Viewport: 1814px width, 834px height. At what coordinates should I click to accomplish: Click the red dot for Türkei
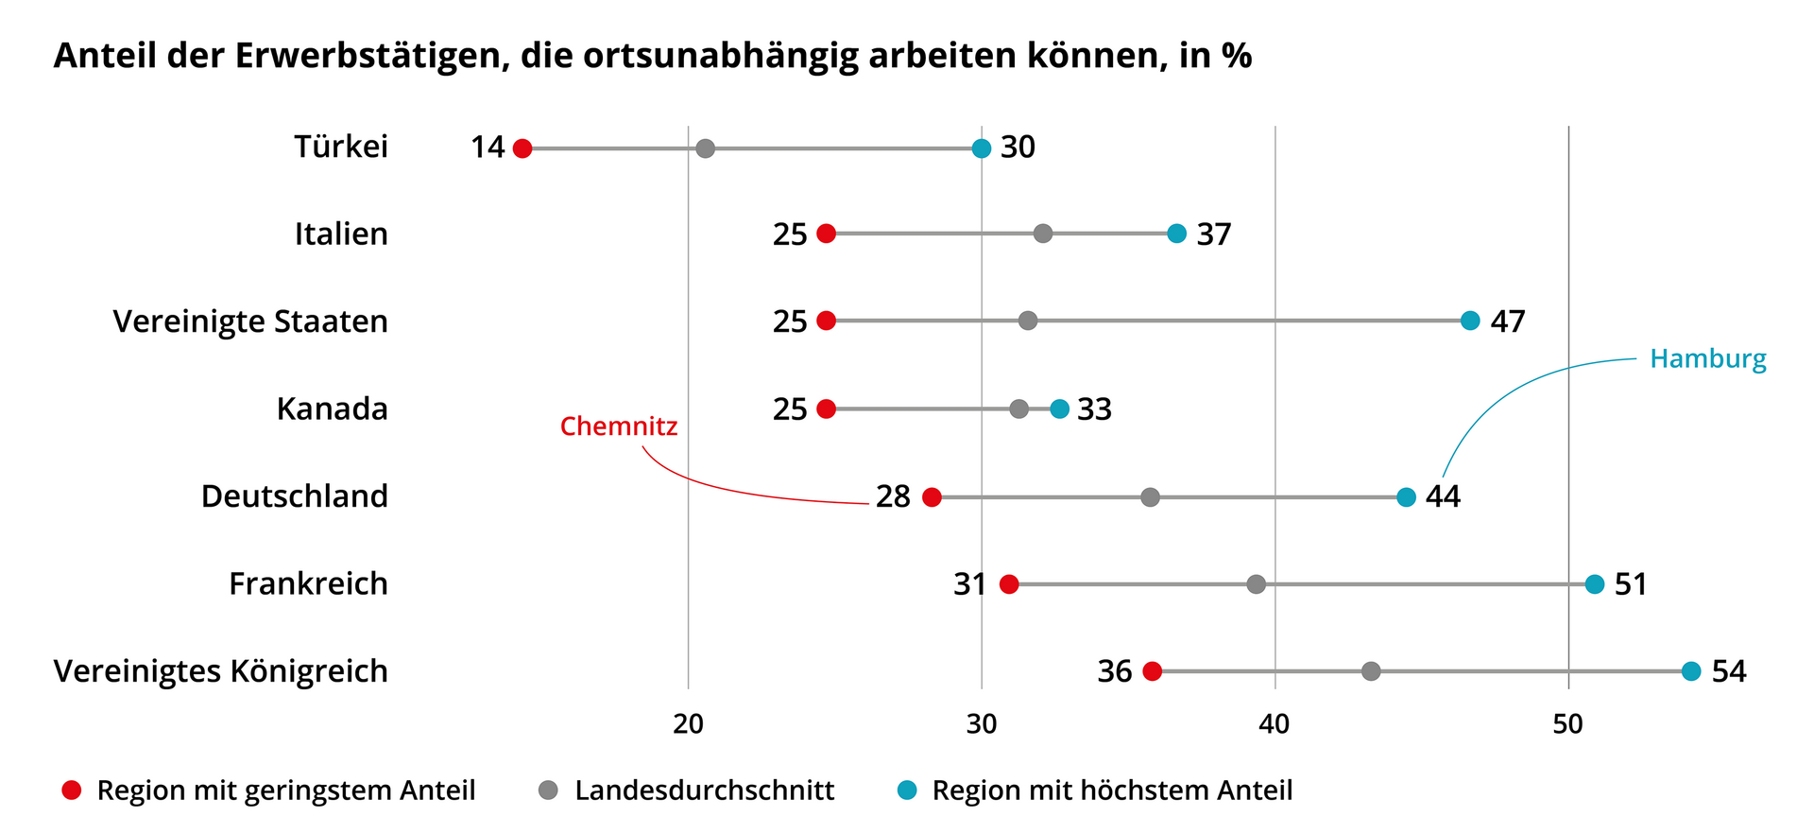(522, 148)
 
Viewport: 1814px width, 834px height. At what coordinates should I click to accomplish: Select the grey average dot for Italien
(1043, 234)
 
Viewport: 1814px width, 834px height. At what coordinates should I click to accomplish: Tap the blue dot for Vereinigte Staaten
(1470, 321)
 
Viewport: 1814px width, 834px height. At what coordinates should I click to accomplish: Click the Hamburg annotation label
(1707, 359)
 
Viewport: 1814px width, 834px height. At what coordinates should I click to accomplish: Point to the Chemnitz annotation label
(619, 426)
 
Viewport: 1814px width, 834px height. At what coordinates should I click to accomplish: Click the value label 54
(1729, 671)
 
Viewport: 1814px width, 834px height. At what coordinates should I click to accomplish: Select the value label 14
(488, 148)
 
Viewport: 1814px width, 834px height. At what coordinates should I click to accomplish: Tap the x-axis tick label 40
(1275, 724)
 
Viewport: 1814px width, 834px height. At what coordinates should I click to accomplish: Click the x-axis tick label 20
(688, 724)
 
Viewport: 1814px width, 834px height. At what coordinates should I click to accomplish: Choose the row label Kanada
(332, 409)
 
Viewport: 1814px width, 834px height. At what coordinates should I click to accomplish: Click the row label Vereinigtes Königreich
(221, 671)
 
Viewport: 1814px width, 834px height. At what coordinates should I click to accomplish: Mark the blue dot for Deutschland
(1406, 497)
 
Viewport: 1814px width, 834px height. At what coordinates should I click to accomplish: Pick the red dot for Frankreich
(1009, 584)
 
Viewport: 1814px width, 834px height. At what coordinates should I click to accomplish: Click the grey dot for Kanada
(1018, 409)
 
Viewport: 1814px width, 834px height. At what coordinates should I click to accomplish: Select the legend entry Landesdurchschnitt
(704, 791)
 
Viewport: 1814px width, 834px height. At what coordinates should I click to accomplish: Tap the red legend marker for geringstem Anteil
(72, 791)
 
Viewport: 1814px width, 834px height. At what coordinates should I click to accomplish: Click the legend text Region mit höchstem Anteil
(1112, 791)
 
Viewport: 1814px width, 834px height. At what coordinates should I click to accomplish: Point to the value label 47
(1508, 321)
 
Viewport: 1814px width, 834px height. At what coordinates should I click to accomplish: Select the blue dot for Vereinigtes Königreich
(1691, 671)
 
